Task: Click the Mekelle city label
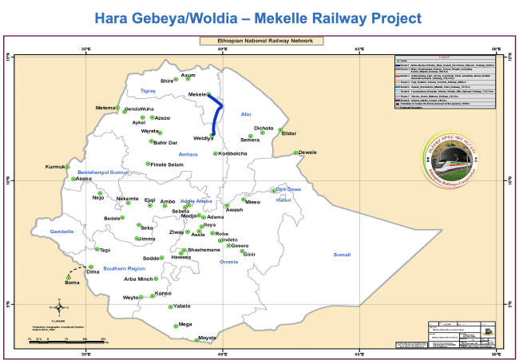197,94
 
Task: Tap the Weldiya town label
204,138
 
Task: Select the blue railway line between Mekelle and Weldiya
220,117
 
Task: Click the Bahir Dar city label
164,143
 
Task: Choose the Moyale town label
207,338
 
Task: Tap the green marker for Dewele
295,152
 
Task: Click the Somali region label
342,254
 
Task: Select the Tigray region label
149,91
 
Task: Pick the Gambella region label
61,231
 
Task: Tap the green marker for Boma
69,278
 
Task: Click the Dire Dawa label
287,189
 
